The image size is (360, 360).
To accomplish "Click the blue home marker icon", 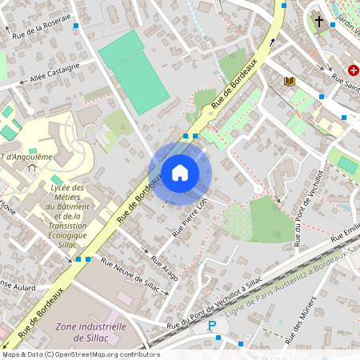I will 180,172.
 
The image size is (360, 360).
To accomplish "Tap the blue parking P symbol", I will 212,326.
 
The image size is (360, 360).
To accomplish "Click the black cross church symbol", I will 319,22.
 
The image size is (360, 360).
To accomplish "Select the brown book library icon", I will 290,81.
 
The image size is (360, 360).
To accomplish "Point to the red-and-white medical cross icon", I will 354,70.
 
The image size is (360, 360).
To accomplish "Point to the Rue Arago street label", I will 166,269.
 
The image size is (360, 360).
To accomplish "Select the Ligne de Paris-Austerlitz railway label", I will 280,289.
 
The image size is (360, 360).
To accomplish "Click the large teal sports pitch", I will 134,72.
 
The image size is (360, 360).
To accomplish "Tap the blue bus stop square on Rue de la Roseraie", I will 76,26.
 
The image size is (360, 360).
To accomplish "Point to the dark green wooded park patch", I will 272,218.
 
